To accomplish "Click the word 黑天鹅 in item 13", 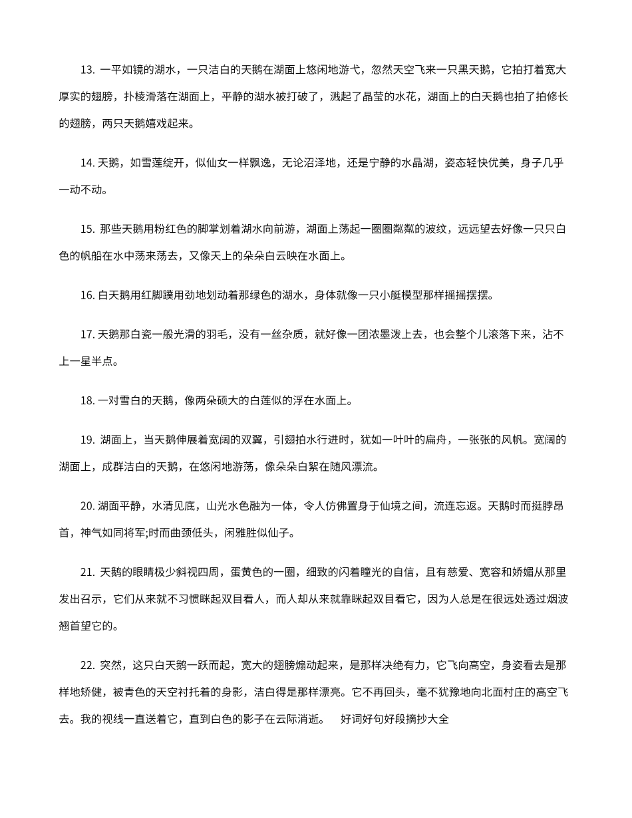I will coord(474,70).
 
